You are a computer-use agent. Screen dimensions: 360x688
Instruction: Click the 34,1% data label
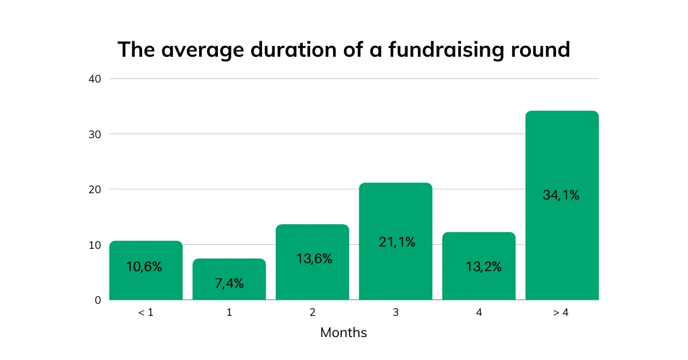coord(561,195)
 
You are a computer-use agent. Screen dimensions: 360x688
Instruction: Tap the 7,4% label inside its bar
coord(229,283)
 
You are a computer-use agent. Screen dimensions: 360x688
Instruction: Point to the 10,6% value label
coord(144,267)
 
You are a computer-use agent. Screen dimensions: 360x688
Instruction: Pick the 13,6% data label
coord(313,259)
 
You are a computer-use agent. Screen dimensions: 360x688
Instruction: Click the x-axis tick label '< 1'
coord(146,314)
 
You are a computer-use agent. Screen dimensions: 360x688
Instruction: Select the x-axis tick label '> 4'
coord(562,314)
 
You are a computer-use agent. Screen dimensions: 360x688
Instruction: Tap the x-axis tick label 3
coord(396,314)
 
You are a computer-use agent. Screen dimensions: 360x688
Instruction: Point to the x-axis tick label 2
coord(312,314)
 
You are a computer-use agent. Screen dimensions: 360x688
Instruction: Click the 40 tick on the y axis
coord(95,79)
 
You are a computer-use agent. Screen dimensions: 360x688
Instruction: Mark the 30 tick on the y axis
coord(95,134)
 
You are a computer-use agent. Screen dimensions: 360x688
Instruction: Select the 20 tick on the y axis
coord(95,189)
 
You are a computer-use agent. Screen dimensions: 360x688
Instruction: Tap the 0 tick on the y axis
coord(97,300)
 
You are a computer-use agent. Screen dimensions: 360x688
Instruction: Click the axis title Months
coord(343,332)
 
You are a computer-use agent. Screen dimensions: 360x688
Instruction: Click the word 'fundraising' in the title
coord(447,50)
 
